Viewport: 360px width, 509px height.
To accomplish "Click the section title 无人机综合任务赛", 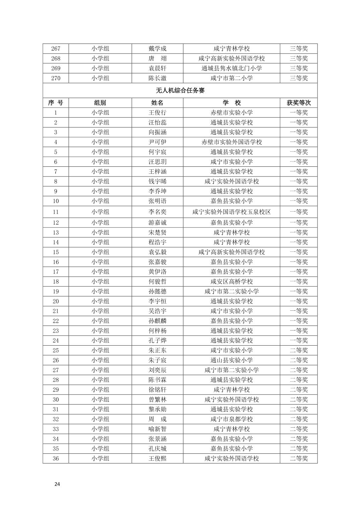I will coord(180,90).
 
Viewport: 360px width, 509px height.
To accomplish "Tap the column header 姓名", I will coord(157,103).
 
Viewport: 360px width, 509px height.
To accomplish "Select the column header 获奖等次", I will coord(298,103).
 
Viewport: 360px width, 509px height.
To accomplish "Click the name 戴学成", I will coord(157,49).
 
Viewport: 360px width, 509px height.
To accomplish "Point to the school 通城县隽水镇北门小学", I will coord(231,68).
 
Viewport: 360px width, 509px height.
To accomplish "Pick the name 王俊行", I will coord(157,113).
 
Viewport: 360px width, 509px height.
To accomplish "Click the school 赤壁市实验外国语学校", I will coord(231,142).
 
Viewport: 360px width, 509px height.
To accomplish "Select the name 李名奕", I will coord(157,212).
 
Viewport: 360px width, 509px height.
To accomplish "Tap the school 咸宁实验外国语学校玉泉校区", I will coord(231,212).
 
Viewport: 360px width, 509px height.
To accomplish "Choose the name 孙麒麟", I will coord(157,321).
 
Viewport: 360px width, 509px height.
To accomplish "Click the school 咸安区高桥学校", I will coord(231,282).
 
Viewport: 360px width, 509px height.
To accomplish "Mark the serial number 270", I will coord(56,78).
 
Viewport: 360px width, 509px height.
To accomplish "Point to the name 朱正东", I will coord(157,350).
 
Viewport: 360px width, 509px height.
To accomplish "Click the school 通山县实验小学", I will coord(231,360).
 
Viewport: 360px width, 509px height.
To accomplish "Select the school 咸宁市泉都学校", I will coord(231,419).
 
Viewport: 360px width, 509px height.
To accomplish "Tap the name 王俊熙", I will coord(157,458).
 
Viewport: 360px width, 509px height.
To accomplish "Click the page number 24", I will coord(57,484).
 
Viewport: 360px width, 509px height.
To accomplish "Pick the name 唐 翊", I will coord(157,59).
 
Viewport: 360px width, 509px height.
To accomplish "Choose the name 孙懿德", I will coord(157,291).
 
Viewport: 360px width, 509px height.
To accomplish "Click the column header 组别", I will coord(100,103).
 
